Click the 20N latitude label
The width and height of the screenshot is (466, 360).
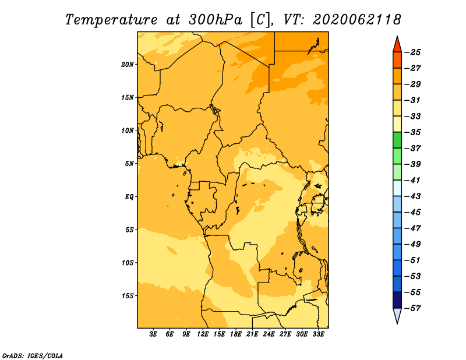127,65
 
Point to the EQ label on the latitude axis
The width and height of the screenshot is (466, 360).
129,197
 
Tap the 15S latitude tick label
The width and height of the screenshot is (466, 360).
127,296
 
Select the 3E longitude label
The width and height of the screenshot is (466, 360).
153,334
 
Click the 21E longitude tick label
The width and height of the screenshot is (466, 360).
252,334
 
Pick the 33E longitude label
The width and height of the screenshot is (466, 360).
318,334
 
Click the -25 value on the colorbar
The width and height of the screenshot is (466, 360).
413,52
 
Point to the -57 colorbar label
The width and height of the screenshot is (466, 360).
413,308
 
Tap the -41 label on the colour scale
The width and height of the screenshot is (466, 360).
413,181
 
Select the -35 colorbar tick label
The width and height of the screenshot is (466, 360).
413,132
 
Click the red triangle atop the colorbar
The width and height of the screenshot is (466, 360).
397,45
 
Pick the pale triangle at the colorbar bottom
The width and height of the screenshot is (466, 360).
397,315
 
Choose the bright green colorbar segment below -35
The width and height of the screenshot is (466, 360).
397,140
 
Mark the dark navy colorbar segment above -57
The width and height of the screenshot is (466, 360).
397,300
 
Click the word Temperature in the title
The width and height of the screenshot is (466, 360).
111,20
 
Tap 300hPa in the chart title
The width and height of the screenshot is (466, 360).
215,20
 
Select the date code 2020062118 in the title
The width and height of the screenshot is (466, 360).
357,20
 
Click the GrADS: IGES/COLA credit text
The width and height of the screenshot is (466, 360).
33,356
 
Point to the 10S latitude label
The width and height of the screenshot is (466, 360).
127,263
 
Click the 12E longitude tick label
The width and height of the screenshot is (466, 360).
203,334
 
